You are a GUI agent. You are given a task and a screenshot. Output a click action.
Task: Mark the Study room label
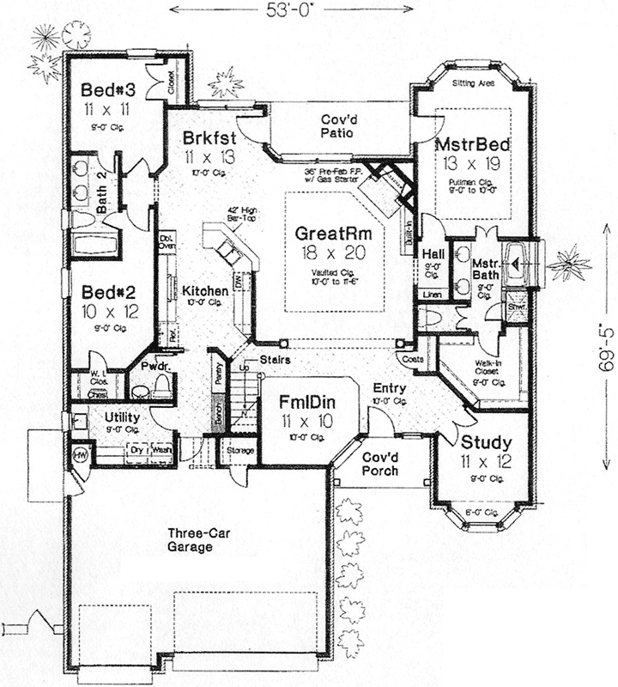coord(486,443)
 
